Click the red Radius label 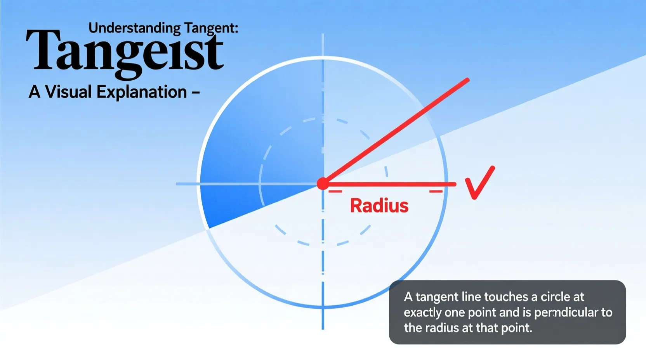pos(379,206)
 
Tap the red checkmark pos(479,183)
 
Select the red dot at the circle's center pos(323,183)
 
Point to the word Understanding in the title pos(134,28)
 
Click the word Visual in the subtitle pos(68,92)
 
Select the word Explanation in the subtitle pos(142,92)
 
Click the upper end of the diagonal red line pos(468,80)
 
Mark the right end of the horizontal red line pos(455,184)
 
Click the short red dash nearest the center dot pos(335,191)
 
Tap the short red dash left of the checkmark pos(436,191)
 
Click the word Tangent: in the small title pos(211,28)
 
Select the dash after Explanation pos(196,92)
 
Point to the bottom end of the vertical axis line pos(323,328)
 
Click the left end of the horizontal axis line pos(177,183)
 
